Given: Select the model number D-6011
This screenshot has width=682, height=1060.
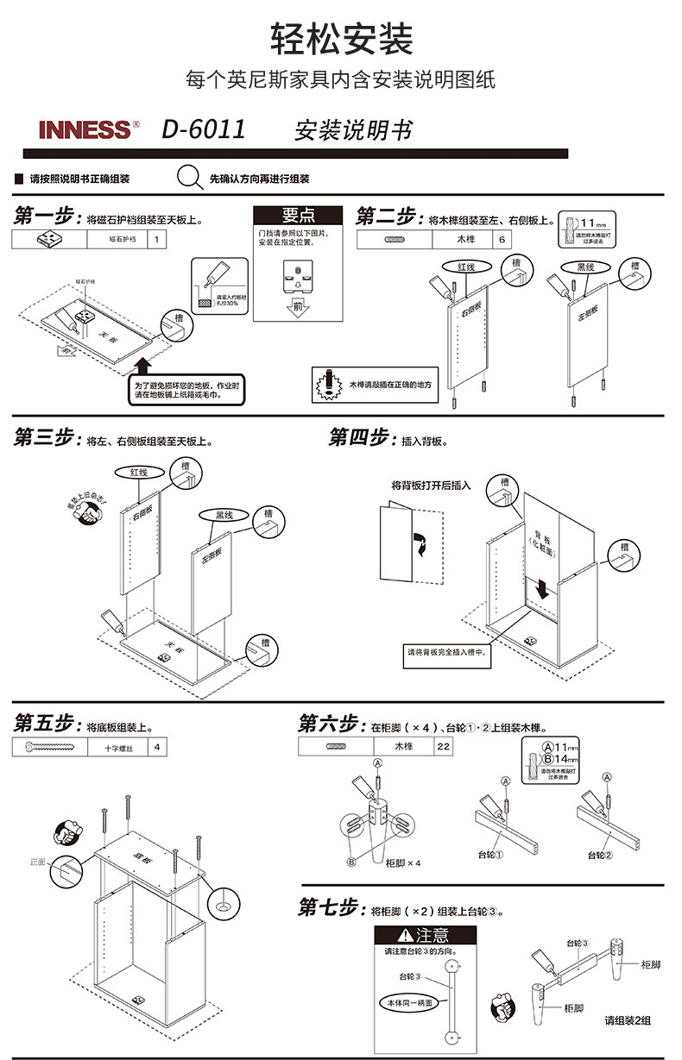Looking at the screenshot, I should tap(204, 130).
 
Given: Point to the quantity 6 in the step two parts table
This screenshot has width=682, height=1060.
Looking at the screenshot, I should tap(502, 240).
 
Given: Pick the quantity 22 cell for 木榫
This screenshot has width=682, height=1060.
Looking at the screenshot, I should tap(443, 747).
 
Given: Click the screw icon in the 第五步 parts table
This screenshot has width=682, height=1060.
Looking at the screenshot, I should tap(49, 748).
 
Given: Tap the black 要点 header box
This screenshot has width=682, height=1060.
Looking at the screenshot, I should tap(298, 216).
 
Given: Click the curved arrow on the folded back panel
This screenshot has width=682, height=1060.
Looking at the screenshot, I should tap(421, 543).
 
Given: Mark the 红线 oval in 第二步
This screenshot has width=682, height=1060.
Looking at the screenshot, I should tap(466, 267).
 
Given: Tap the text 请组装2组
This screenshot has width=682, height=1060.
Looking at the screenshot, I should tap(627, 1020).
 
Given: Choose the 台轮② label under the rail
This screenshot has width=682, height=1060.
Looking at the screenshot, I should tap(600, 856).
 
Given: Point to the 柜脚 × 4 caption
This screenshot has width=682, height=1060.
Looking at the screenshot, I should tap(403, 862).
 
